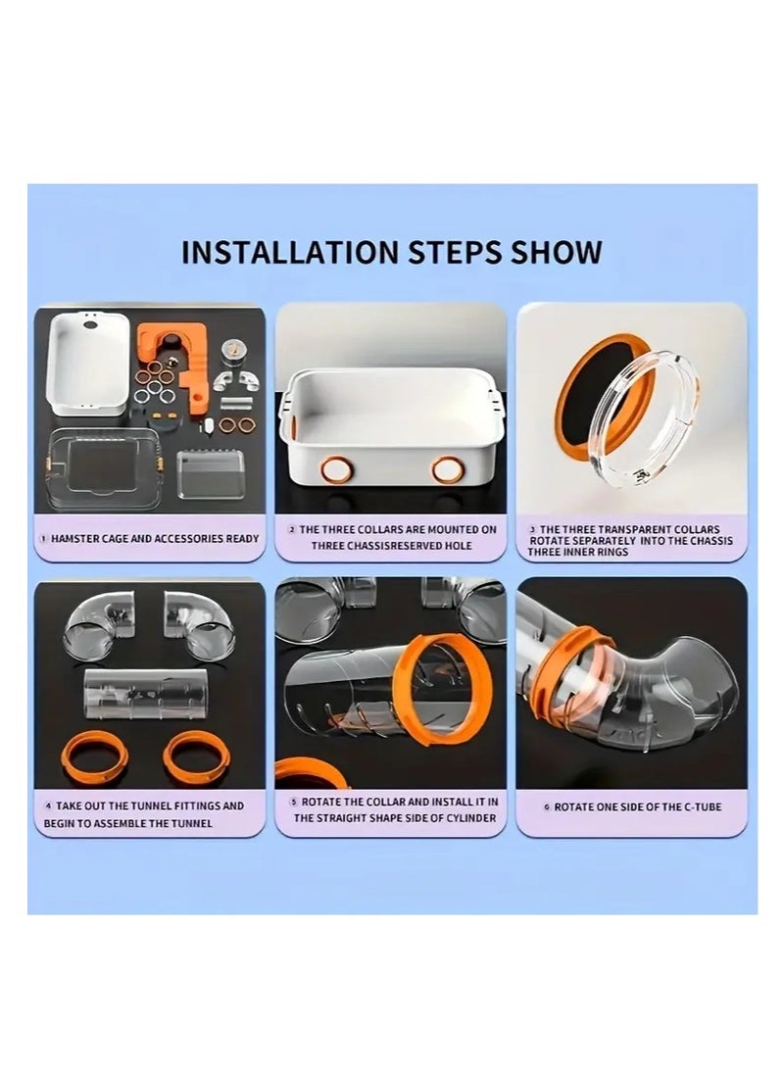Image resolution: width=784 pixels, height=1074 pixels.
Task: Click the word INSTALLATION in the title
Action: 291,252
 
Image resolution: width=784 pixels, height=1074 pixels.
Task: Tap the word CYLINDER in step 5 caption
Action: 472,818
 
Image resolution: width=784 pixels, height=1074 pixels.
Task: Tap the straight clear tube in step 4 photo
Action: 148,693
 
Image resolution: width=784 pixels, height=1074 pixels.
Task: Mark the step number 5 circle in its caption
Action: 294,802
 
